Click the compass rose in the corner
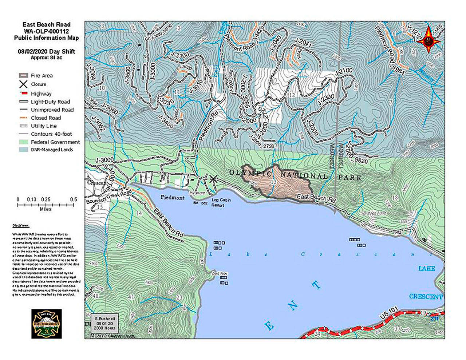click(429, 39)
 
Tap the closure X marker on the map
click(213, 179)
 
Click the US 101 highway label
click(389, 315)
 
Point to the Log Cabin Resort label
click(221, 202)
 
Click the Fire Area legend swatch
click(23, 76)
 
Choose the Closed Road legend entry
click(46, 118)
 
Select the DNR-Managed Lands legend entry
click(51, 150)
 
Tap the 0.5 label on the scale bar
click(74, 199)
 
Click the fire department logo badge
click(46, 324)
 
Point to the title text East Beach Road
click(46, 24)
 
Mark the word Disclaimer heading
click(21, 226)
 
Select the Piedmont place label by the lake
click(173, 197)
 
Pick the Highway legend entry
click(41, 94)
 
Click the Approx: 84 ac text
click(46, 58)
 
